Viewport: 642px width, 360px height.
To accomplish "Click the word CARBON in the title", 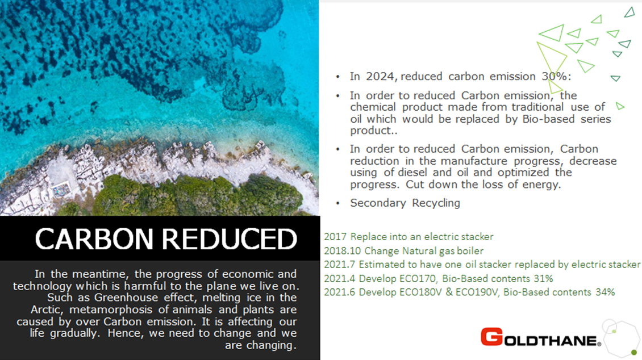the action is [x=94, y=238].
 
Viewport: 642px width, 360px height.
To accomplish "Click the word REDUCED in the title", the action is [x=230, y=238].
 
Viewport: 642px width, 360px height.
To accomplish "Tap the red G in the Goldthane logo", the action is [x=492, y=337].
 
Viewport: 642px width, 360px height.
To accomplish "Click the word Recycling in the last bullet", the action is [x=436, y=203].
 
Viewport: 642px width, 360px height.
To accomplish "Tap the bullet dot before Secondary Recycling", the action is [x=338, y=203].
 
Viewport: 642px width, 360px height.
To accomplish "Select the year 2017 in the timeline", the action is [x=335, y=237].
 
